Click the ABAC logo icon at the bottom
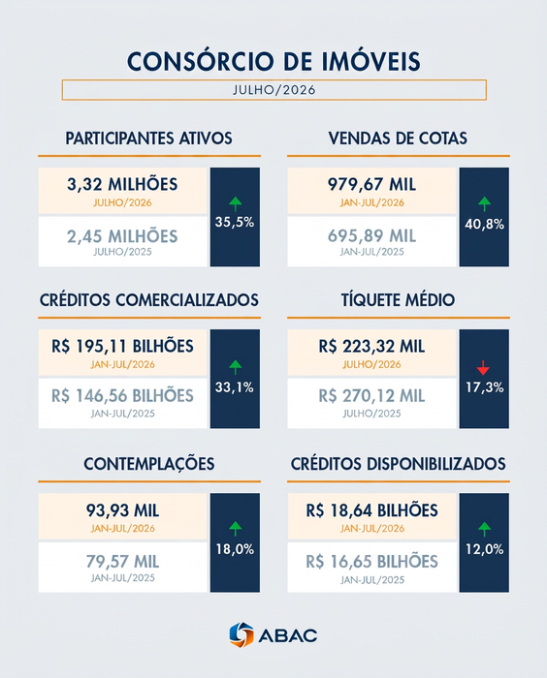(x=241, y=634)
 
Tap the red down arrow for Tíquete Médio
(x=483, y=368)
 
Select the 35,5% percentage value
(x=235, y=222)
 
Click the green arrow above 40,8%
(x=484, y=203)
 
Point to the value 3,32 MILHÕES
(x=122, y=185)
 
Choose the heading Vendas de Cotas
(x=398, y=139)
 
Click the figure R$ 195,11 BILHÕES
(x=122, y=347)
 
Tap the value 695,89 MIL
(x=371, y=236)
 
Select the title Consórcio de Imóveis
(x=273, y=61)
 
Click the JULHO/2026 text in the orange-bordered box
(x=274, y=90)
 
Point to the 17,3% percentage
(x=485, y=387)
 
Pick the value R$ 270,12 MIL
(x=371, y=395)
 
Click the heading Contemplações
(x=149, y=464)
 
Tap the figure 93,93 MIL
(x=122, y=510)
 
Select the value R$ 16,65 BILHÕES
(x=372, y=562)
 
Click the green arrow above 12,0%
(x=484, y=529)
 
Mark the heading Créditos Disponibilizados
(x=398, y=464)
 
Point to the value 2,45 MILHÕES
(x=122, y=236)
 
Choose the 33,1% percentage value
(x=235, y=387)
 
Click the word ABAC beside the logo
(x=288, y=635)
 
